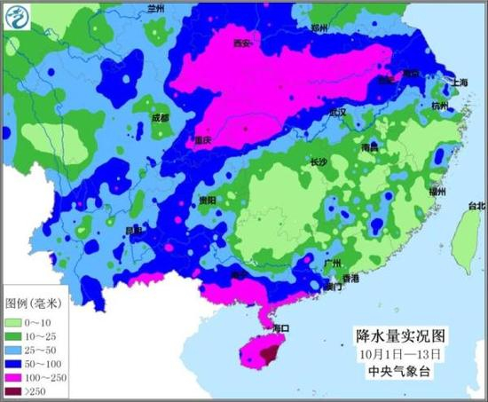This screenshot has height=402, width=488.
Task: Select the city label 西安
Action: [241, 43]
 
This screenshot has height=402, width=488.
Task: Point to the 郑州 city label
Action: [319, 28]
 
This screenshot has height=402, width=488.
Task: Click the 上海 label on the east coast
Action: [460, 83]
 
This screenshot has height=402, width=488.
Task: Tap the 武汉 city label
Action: [337, 113]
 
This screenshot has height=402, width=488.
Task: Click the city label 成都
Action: [160, 117]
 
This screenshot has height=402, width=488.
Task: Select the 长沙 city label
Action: [319, 162]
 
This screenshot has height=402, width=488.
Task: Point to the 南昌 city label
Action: [372, 147]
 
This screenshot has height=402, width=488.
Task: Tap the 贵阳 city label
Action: [207, 200]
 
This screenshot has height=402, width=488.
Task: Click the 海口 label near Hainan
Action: [282, 327]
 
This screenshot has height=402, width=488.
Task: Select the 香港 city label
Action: [350, 279]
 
